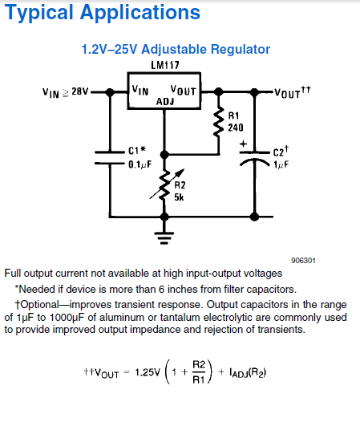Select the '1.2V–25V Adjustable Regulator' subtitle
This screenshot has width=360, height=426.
pyautogui.click(x=176, y=49)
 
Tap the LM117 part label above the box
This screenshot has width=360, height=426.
pyautogui.click(x=164, y=67)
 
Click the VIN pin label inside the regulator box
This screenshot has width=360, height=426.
pyautogui.click(x=140, y=90)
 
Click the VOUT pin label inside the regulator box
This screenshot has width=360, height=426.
pyautogui.click(x=184, y=90)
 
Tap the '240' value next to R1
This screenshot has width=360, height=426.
pyautogui.click(x=236, y=128)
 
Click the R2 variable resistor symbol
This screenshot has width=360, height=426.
pyautogui.click(x=164, y=184)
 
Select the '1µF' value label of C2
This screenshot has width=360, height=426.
pyautogui.click(x=280, y=164)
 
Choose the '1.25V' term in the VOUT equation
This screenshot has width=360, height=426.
pyautogui.click(x=148, y=373)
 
